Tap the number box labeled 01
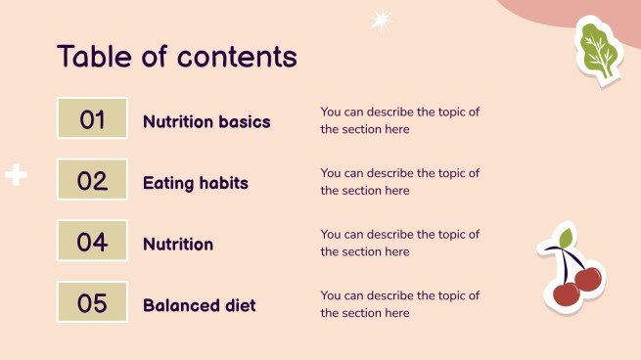92,119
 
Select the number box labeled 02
92,180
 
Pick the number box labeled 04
92,242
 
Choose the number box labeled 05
92,302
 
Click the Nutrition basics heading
206,122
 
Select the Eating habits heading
196,183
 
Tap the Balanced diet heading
200,305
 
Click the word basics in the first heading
245,122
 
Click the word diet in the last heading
240,305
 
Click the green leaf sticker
597,50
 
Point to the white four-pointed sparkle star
380,20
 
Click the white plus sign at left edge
16,176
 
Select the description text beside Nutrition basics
399,120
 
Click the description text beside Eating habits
399,182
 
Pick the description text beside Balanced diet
399,304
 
